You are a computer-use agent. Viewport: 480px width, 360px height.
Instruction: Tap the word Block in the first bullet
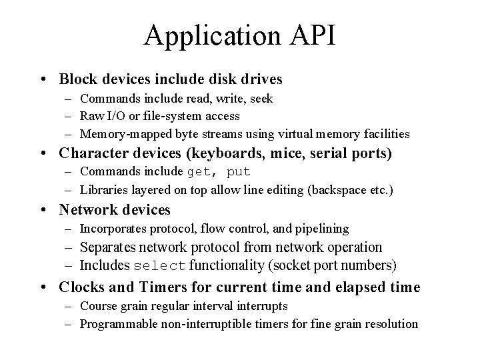coord(77,79)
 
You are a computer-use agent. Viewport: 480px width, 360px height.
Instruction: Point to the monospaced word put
coord(239,173)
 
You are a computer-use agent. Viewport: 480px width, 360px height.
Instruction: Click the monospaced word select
coord(160,266)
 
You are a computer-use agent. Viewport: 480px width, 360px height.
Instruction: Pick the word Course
coord(97,306)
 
